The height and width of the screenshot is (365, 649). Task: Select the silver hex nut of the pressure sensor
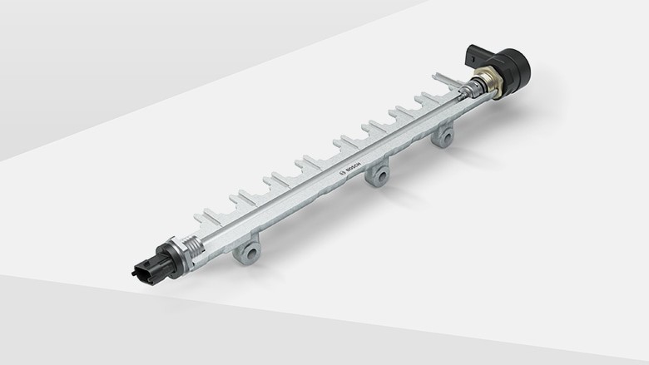click(176, 253)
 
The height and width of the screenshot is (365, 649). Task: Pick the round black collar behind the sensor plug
click(161, 261)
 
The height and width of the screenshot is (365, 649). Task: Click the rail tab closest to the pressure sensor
click(202, 218)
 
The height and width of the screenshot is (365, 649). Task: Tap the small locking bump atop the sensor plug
click(149, 258)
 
